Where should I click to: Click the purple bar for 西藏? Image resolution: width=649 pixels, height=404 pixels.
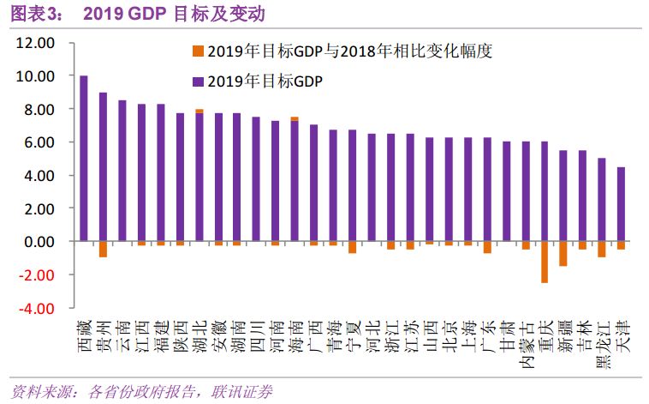[84, 159]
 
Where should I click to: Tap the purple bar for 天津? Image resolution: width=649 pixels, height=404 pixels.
[621, 204]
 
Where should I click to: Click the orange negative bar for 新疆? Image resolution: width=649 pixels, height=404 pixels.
[563, 253]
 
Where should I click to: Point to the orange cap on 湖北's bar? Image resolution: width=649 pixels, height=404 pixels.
[199, 111]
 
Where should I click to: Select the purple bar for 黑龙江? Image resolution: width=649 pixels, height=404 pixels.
[602, 200]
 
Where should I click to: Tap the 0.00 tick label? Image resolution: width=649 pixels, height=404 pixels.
[39, 241]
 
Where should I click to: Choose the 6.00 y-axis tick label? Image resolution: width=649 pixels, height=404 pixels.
[39, 142]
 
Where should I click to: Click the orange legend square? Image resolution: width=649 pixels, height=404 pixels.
[198, 51]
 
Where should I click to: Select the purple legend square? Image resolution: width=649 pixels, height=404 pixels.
[198, 81]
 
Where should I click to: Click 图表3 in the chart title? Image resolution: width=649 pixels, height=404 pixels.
[32, 13]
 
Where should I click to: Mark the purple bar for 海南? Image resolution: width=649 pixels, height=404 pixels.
[294, 181]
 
